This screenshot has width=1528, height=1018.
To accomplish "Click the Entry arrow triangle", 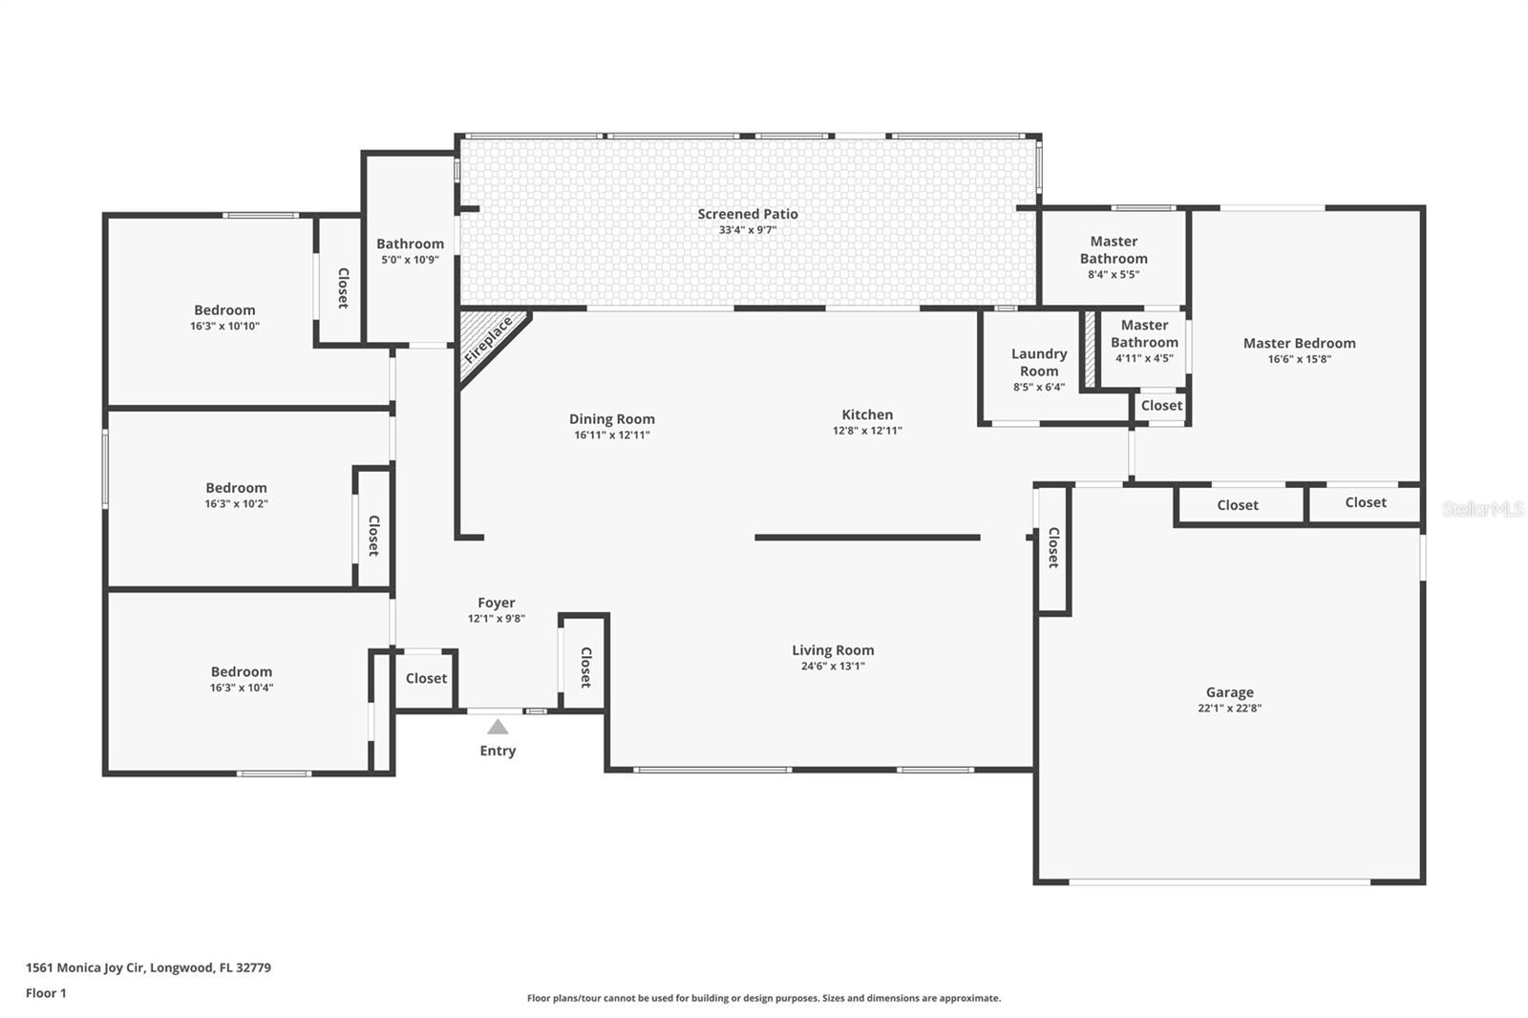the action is point(498,727).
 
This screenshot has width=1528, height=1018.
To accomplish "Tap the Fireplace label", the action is point(488,341).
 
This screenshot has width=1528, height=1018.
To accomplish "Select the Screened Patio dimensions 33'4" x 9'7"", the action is point(748,230).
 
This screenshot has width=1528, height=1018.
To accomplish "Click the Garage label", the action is point(1229,691).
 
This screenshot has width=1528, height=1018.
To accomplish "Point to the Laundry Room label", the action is point(1039,362).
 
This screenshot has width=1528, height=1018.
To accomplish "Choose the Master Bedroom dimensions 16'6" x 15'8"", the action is point(1299,359).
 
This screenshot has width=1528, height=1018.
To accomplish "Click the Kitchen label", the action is point(867,414).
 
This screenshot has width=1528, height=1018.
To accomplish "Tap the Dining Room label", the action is point(612,419).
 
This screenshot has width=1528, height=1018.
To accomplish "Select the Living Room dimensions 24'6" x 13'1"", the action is point(833,666).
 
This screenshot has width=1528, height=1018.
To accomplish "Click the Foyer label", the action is point(496,603).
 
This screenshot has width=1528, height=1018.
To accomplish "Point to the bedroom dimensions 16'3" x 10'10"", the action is point(224,327).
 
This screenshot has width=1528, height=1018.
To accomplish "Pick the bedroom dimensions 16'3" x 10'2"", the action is point(236,504).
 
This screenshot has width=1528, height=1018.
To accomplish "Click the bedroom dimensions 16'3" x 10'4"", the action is point(242,688).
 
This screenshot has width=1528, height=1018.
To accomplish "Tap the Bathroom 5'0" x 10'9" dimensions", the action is point(410,260).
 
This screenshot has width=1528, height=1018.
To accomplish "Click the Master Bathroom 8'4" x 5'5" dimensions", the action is point(1114,275).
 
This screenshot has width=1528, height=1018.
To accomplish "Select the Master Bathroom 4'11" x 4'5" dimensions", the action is point(1144,358).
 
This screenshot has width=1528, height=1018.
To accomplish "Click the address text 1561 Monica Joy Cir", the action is point(85,967).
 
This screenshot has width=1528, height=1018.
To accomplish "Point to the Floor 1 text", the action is point(47,993).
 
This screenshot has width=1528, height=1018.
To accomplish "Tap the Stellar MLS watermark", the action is point(1482,508).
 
